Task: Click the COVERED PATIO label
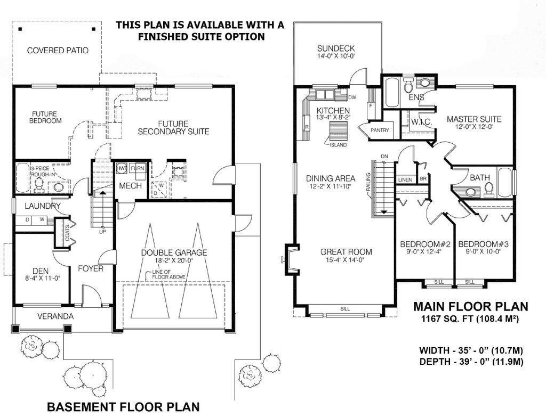58,51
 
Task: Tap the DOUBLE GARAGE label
174,252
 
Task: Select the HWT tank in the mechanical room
122,168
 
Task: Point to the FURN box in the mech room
137,168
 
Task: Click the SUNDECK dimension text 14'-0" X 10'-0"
336,56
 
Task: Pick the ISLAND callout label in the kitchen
338,145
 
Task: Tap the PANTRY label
380,130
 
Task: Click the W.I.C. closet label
421,122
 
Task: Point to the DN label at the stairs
384,156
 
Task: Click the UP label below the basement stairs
103,232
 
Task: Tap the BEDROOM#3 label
483,244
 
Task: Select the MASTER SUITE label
474,119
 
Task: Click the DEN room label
41,271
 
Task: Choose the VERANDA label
55,316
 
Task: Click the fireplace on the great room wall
291,259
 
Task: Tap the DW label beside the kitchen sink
352,97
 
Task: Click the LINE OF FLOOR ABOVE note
168,274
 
